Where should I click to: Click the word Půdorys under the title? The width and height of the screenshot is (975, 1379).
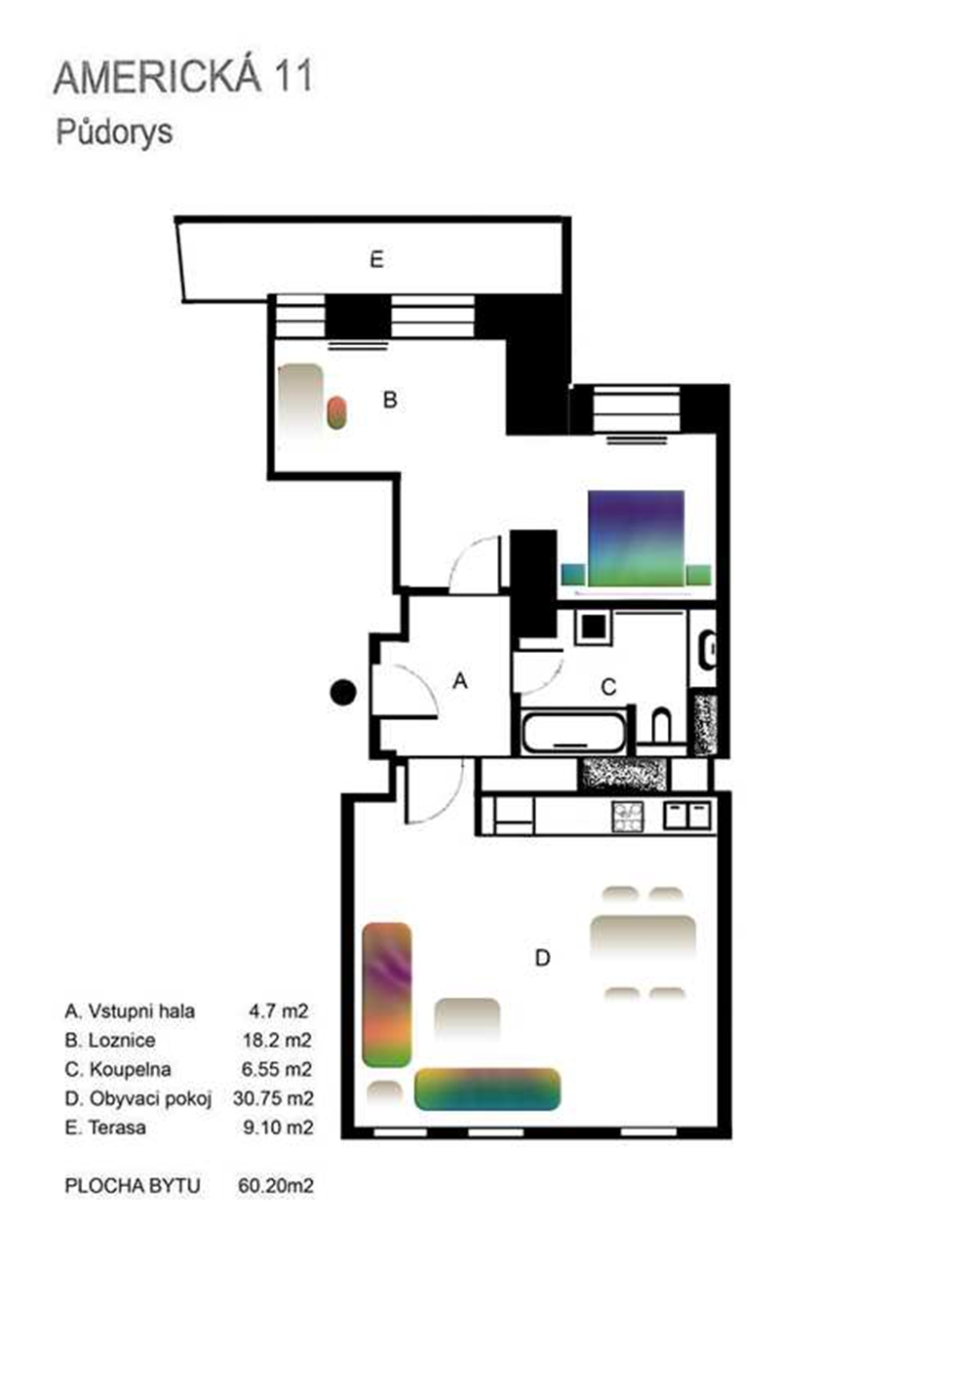(x=114, y=133)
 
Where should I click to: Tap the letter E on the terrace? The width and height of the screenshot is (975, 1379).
(x=376, y=259)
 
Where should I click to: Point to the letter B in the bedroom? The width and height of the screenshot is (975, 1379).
(x=390, y=400)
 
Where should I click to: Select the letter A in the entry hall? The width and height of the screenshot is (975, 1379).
(x=460, y=681)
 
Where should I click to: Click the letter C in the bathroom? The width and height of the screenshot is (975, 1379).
(x=608, y=686)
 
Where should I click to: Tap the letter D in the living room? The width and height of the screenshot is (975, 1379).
(x=543, y=957)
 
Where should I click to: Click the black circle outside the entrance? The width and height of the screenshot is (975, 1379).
(x=343, y=693)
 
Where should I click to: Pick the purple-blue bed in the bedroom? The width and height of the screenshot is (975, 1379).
(x=637, y=538)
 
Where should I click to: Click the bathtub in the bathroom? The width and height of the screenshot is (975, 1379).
(x=573, y=731)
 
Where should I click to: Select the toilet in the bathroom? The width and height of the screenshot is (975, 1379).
(x=661, y=727)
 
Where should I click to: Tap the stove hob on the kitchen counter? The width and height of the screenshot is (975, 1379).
(x=628, y=817)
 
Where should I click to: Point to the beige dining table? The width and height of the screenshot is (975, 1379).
(x=643, y=939)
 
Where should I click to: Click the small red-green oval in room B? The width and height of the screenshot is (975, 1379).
(x=336, y=412)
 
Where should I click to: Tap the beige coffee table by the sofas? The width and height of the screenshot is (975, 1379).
(x=467, y=1018)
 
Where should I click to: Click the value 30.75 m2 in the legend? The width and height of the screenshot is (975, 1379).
(x=273, y=1097)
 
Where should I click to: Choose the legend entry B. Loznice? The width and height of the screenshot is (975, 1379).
(x=110, y=1040)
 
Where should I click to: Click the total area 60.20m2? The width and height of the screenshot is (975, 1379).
(x=276, y=1185)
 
